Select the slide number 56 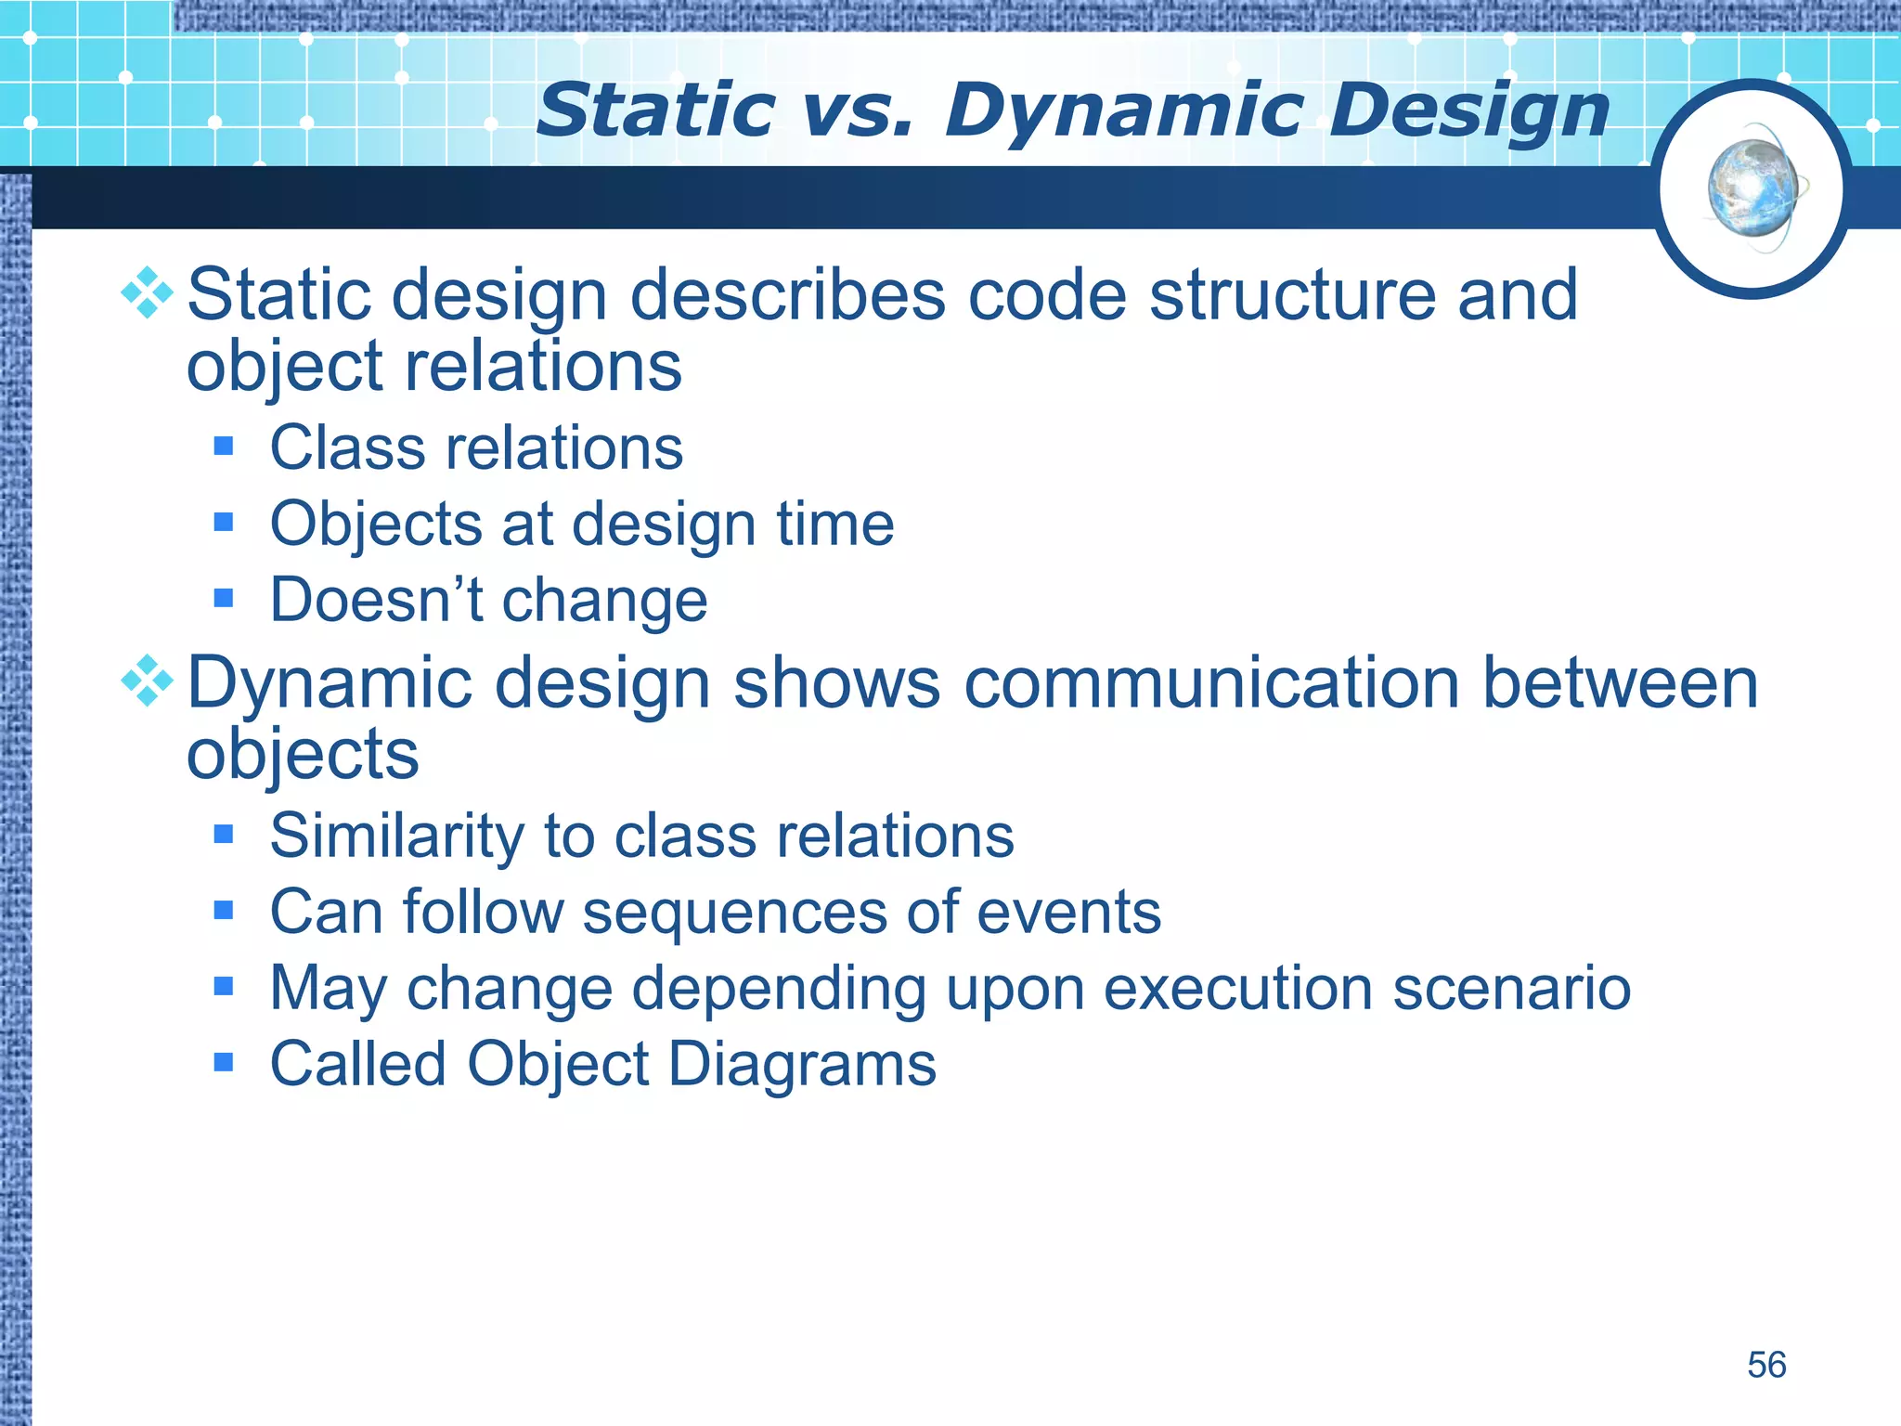pyautogui.click(x=1765, y=1365)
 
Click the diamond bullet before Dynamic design pyautogui.click(x=148, y=681)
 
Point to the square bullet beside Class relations pyautogui.click(x=223, y=447)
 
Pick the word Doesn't pyautogui.click(x=376, y=600)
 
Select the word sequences pyautogui.click(x=734, y=913)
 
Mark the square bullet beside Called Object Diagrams pyautogui.click(x=223, y=1061)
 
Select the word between pyautogui.click(x=1620, y=683)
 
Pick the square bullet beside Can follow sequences pyautogui.click(x=223, y=910)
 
